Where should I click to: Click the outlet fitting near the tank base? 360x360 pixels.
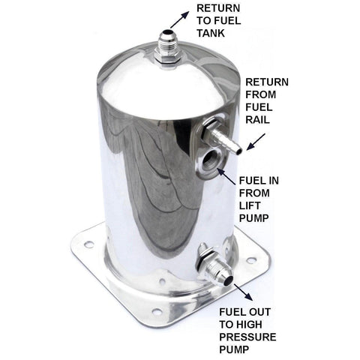(215, 265)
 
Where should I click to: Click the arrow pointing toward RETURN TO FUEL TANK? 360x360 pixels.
(180, 19)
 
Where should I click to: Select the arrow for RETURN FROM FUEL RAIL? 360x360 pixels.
(256, 142)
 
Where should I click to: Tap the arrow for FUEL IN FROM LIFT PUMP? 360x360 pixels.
(226, 177)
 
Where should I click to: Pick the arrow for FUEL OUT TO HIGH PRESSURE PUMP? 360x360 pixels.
(243, 292)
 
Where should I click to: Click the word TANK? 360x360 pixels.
(211, 33)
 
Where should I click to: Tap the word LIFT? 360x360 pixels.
(250, 205)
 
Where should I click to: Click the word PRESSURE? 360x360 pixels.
(247, 337)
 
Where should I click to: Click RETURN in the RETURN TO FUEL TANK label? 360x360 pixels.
(218, 8)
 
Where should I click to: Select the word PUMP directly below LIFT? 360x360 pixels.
(254, 218)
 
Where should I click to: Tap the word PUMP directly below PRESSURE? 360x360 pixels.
(234, 349)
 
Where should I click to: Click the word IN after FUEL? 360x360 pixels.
(272, 181)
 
